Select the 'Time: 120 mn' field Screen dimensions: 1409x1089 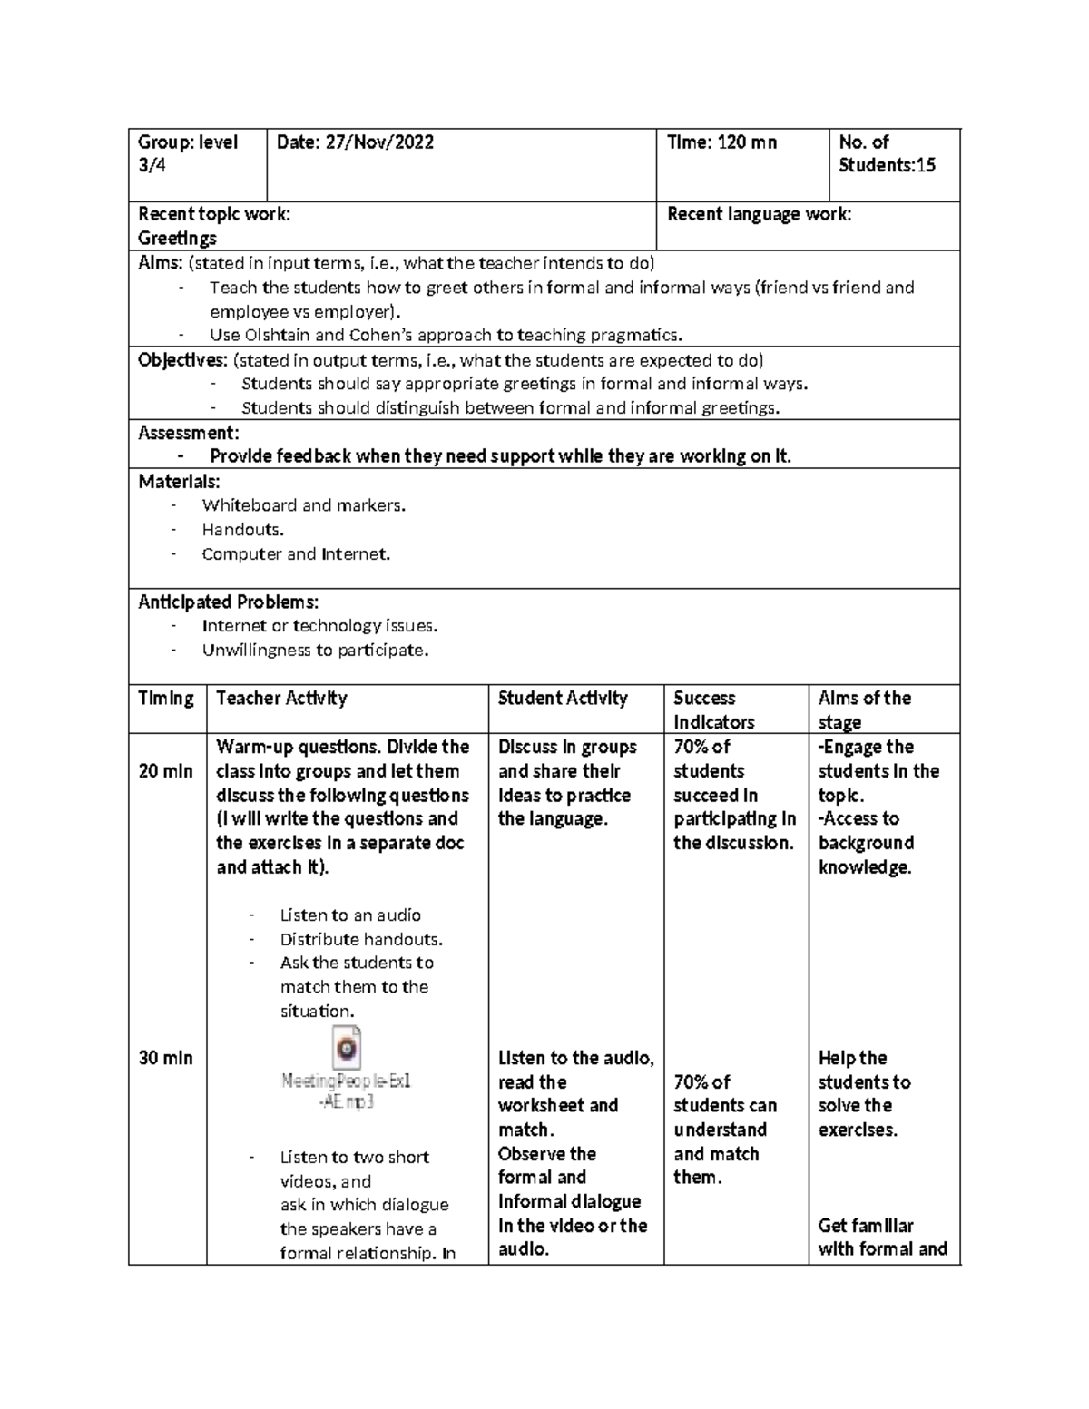pos(721,142)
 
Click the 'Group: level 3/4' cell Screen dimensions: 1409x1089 pos(187,153)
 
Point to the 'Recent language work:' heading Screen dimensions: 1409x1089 pos(759,214)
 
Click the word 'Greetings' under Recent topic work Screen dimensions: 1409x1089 pos(177,239)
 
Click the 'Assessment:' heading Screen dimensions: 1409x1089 pos(189,433)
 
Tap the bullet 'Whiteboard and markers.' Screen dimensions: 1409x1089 pos(303,505)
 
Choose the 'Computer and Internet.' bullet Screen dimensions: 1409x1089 pos(296,553)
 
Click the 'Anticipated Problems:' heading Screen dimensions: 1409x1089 pos(228,602)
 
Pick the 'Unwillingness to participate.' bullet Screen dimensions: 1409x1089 pos(314,650)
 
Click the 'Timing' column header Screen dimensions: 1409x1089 pos(166,698)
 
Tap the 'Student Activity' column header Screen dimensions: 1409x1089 pos(563,698)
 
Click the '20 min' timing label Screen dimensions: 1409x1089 pos(165,771)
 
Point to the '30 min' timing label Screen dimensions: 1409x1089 pos(165,1058)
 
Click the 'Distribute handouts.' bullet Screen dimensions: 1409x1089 pos(361,939)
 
